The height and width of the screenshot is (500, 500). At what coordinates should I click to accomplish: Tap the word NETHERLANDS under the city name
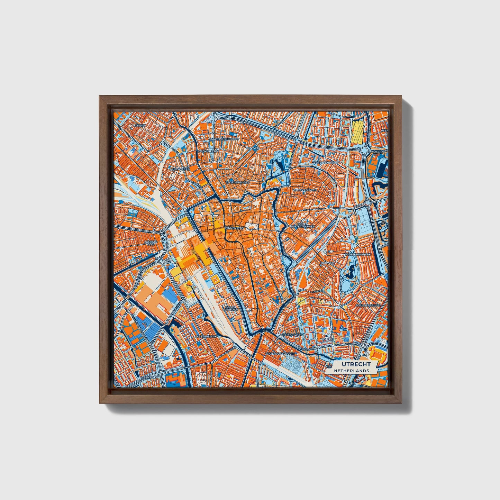[x=351, y=371]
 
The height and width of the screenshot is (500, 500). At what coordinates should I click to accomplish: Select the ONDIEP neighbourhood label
[x=141, y=126]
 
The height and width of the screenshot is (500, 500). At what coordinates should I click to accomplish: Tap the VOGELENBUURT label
[x=237, y=182]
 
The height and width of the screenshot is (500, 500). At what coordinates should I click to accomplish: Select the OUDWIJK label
[x=326, y=263]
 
